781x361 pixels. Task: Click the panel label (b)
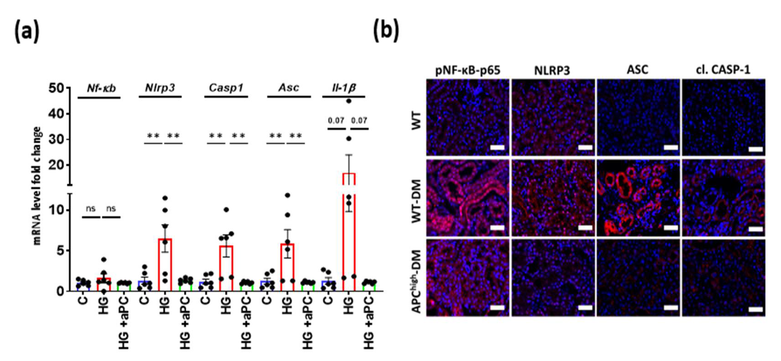[386, 31]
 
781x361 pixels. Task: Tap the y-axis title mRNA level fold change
[37, 186]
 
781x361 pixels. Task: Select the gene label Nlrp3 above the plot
[160, 88]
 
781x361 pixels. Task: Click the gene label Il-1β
[343, 88]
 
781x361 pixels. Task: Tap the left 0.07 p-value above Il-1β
[336, 121]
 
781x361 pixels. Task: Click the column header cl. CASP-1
[723, 70]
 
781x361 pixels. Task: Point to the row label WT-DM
[417, 201]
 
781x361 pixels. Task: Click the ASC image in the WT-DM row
[638, 198]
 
